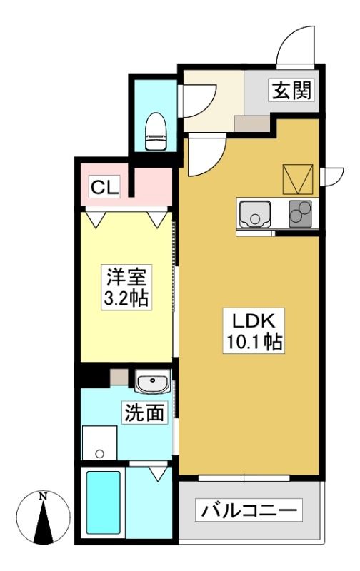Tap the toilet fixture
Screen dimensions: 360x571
click(156, 131)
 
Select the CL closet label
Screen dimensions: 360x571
click(105, 188)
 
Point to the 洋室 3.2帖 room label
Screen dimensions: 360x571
click(126, 287)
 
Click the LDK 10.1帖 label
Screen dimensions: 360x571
click(254, 331)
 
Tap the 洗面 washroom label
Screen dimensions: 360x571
click(144, 413)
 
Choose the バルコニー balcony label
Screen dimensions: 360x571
click(249, 510)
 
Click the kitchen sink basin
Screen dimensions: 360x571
click(255, 213)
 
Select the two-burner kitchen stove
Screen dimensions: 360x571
click(300, 213)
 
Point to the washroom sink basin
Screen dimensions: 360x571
click(152, 382)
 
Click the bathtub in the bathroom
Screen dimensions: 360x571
click(103, 502)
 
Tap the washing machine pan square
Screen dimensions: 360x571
click(99, 443)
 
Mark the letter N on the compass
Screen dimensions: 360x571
click(44, 496)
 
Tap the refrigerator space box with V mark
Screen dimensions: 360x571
click(298, 179)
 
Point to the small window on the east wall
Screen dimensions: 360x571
click(331, 176)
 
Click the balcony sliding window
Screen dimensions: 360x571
click(244, 478)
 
